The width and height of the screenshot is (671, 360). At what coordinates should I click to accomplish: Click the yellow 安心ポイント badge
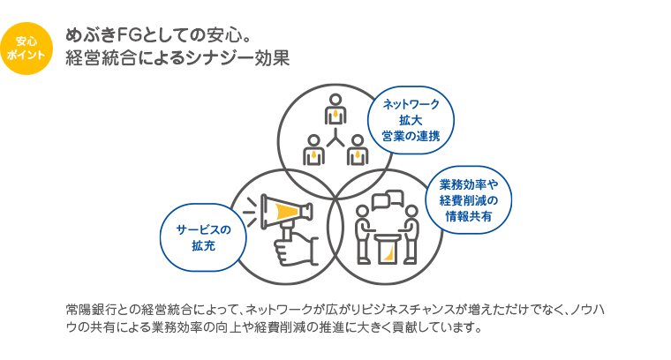pos(26,48)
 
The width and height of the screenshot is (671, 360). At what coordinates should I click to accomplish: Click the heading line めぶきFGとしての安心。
pos(159,36)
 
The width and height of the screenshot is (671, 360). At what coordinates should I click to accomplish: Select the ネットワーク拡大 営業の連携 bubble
pos(411,120)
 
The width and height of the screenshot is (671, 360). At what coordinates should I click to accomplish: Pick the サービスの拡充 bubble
pos(202,237)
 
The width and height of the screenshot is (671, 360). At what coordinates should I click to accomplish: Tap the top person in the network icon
pos(335,110)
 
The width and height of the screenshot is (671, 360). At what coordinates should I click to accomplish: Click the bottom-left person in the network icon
pos(313,149)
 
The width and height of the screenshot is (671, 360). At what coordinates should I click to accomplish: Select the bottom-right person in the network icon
pos(357,149)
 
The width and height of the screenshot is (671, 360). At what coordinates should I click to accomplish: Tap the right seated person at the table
pos(411,231)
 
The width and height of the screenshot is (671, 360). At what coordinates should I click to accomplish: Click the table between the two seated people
pos(388,248)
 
